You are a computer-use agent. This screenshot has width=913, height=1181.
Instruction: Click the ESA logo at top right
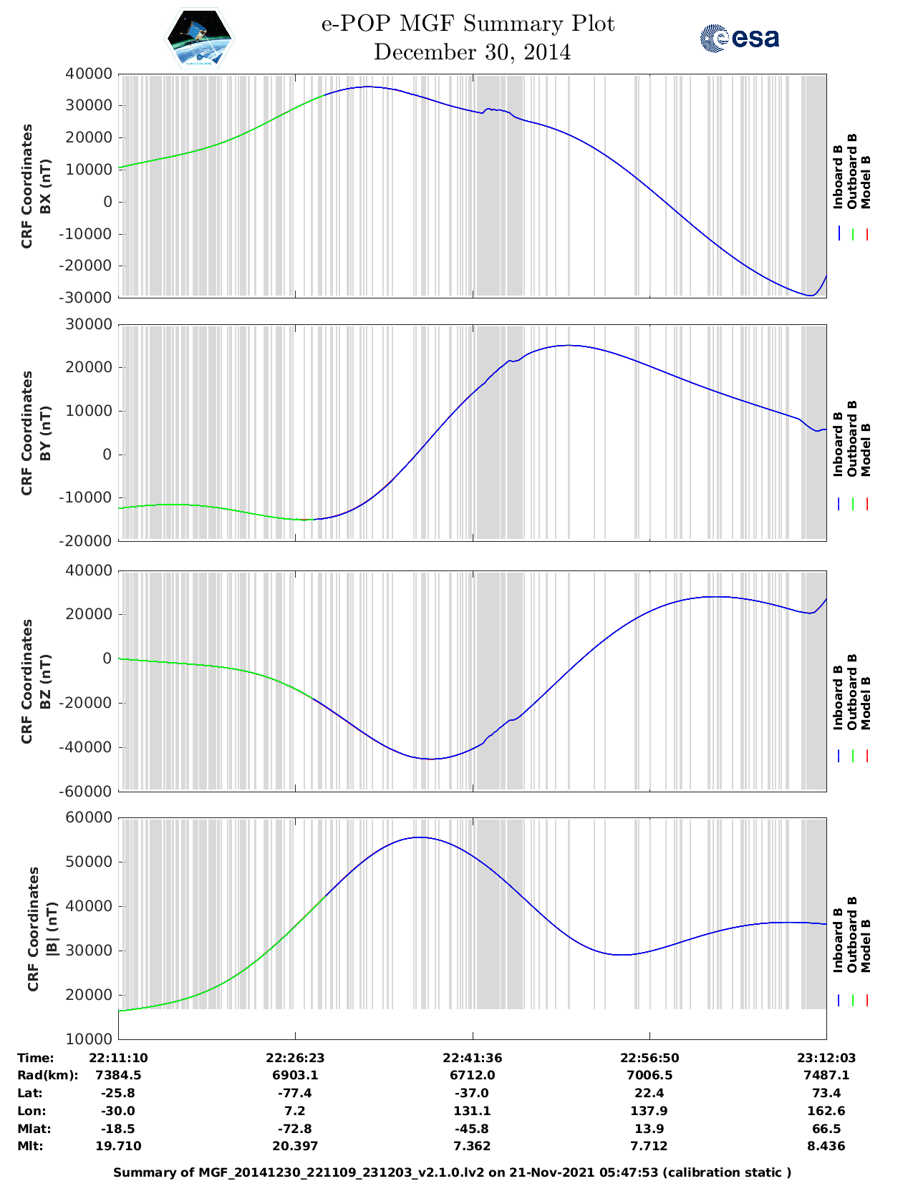point(740,38)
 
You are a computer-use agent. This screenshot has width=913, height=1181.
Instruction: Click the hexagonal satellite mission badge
point(200,38)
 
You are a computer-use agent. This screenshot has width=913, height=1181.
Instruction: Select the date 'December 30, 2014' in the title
point(472,52)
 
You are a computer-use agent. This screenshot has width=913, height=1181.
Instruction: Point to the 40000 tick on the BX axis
point(89,74)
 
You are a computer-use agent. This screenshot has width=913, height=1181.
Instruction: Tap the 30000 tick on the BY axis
point(89,324)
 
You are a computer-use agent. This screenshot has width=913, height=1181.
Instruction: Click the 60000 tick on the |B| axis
point(89,817)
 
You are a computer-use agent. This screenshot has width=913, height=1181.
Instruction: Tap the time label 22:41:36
point(472,1058)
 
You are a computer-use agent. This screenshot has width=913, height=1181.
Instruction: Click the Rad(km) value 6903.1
point(295,1075)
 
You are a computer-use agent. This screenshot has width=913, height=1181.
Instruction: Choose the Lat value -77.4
point(295,1093)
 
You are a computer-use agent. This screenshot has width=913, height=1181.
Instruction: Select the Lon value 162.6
point(826,1111)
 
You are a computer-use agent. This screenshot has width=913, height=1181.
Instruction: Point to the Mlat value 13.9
point(649,1129)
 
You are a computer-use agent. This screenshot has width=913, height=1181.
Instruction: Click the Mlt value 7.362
point(472,1146)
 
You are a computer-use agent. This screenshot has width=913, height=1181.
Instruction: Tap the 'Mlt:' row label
point(30,1146)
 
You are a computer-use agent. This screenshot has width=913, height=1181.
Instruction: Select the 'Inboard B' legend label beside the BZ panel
point(838,698)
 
